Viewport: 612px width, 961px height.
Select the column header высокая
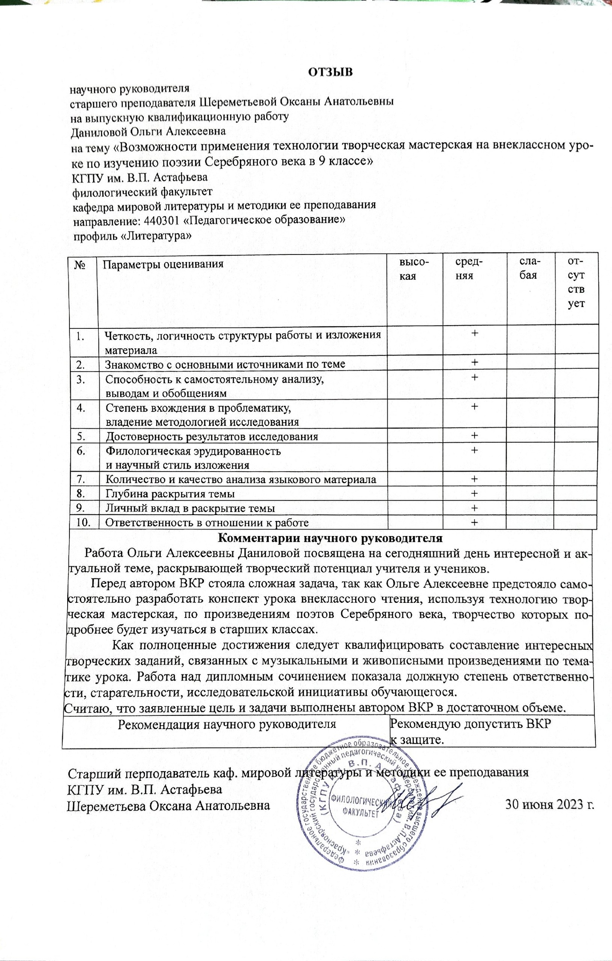(x=414, y=269)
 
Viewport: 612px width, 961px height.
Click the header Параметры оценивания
(x=163, y=264)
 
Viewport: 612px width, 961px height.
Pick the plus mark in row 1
(x=475, y=333)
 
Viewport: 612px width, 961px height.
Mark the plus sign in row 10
(x=474, y=522)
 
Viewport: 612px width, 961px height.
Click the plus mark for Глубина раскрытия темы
(x=474, y=493)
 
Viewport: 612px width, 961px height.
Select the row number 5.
(x=81, y=436)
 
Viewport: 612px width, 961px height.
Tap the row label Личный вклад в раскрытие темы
(x=190, y=508)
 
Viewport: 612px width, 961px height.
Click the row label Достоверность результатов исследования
(x=212, y=436)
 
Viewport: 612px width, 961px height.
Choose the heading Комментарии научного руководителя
(x=330, y=538)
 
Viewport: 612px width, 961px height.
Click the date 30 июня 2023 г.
(x=550, y=804)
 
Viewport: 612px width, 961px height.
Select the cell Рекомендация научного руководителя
(x=227, y=724)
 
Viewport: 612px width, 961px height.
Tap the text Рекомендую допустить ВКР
(x=470, y=724)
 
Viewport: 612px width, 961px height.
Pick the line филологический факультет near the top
(x=142, y=192)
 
